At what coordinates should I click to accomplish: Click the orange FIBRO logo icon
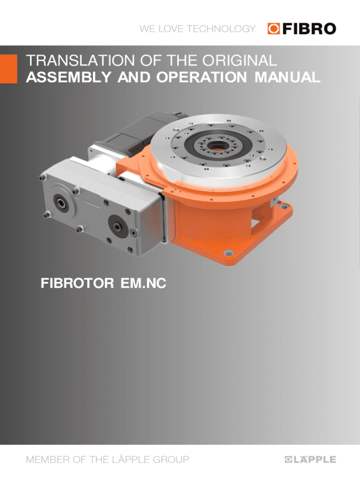pos(274,29)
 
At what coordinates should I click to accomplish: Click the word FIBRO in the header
pos(309,29)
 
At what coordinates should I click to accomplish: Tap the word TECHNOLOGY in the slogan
pos(221,29)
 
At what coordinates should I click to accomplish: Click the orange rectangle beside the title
pos(8,69)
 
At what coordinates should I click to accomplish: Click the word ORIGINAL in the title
pos(240,60)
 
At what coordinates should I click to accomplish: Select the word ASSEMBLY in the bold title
pos(69,77)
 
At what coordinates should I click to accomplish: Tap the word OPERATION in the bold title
pos(202,77)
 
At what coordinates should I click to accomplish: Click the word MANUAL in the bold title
pos(288,77)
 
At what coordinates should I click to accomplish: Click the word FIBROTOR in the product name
pos(77,283)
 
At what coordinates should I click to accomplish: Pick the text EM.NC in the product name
pos(143,283)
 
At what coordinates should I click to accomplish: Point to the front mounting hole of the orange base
pos(228,253)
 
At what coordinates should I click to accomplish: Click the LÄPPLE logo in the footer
pos(310,459)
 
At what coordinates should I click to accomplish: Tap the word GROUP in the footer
pos(171,459)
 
